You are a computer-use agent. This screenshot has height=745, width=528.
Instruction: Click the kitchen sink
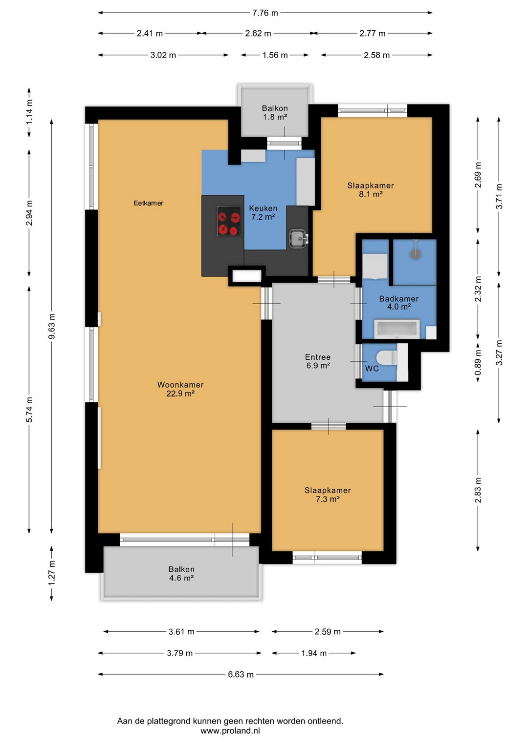[x=299, y=238]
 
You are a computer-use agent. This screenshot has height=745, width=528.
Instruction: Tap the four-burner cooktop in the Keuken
[x=229, y=221]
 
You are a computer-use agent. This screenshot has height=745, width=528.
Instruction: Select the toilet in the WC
[x=387, y=358]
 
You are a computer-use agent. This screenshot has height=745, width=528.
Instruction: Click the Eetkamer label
[x=148, y=203]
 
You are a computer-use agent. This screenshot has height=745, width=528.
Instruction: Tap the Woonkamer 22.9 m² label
[x=180, y=389]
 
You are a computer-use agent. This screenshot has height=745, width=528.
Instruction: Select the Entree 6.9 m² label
[x=318, y=361]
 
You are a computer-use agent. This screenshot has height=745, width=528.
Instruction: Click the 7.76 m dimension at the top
[x=265, y=13]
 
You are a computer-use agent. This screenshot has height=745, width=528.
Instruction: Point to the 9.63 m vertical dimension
[x=52, y=326]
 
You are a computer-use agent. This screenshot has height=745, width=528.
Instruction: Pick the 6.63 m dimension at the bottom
[x=241, y=674]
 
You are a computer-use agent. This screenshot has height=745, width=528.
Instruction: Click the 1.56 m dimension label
[x=275, y=55]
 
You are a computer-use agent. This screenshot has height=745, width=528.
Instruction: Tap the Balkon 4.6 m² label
[x=181, y=574]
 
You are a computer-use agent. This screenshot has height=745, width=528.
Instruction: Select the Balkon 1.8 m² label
[x=275, y=112]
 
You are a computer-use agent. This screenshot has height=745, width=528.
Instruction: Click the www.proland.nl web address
[x=230, y=731]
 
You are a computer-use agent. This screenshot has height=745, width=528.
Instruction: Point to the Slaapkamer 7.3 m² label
[x=328, y=495]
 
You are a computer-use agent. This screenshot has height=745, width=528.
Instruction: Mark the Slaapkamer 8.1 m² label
[x=371, y=189]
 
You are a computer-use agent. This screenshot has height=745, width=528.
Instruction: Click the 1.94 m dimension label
[x=314, y=653]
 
